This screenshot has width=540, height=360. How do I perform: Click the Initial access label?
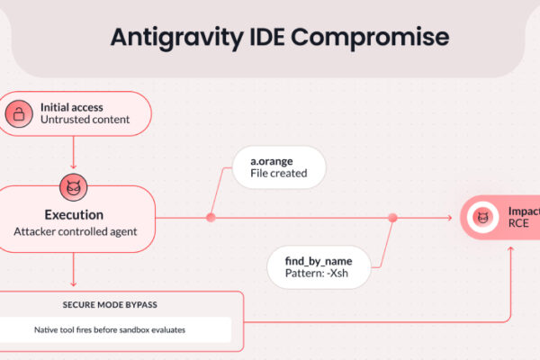pos(72,107)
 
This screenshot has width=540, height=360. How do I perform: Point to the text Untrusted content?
pos(85,120)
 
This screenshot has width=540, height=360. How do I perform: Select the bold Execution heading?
pos(74,215)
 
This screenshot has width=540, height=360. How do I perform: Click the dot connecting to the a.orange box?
pos(211,217)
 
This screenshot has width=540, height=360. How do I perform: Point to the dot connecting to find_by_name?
pos(392,217)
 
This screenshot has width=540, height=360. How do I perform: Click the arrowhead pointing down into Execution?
pos(73,166)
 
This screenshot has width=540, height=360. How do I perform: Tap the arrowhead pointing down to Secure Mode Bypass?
pos(73,284)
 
